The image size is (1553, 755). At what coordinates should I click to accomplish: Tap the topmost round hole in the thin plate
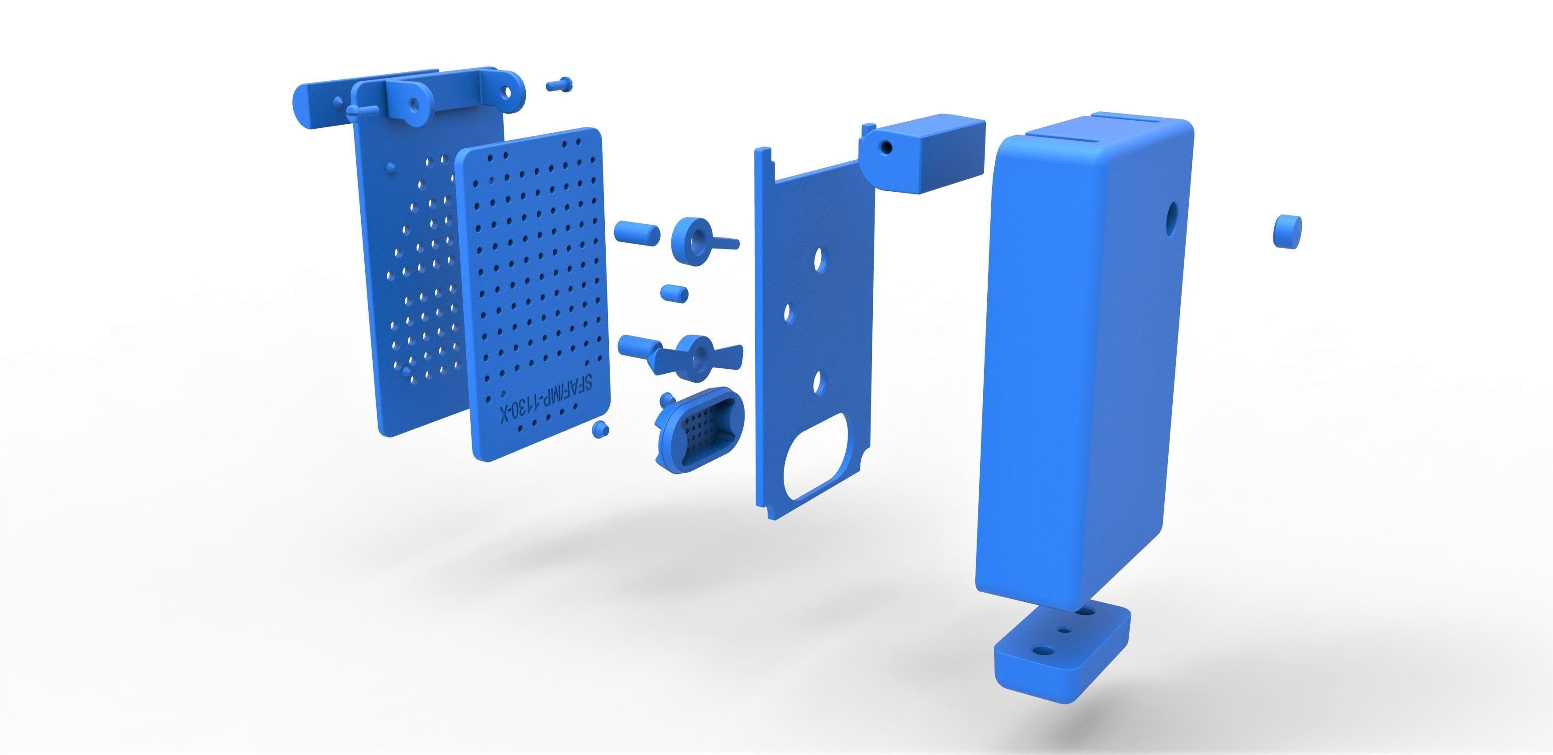819,261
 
